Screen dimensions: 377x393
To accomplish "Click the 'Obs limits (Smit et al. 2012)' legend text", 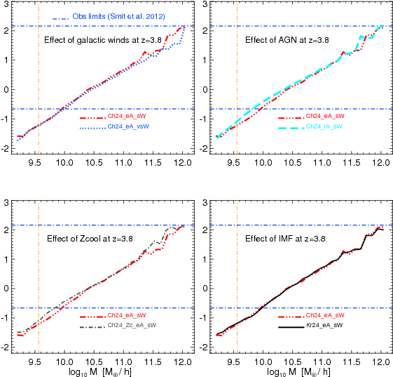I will click(x=118, y=16).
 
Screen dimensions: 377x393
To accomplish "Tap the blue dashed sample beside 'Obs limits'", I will click(x=60, y=17).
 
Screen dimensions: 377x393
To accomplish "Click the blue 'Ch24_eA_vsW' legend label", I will click(x=128, y=127).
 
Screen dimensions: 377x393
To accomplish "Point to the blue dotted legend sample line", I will click(x=92, y=128).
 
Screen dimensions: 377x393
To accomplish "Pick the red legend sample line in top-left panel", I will click(x=92, y=117).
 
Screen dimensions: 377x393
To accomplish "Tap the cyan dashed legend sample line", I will click(x=291, y=128).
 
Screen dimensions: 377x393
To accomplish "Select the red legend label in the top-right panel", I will click(x=325, y=117).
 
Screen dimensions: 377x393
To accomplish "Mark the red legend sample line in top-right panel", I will click(x=291, y=117).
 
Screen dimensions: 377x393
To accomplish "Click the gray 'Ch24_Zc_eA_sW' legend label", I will click(x=131, y=326).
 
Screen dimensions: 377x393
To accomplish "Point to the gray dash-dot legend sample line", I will click(x=92, y=327).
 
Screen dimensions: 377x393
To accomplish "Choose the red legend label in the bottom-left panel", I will click(x=126, y=316).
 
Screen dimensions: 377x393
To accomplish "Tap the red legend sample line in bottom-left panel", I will click(x=92, y=317).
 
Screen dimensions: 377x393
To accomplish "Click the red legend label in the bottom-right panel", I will click(x=325, y=316).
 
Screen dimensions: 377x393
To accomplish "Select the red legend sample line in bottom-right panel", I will click(x=291, y=317).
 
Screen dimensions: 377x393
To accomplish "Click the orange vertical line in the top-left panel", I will click(x=38, y=70).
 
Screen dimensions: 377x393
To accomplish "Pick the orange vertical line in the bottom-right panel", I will click(x=237, y=267).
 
